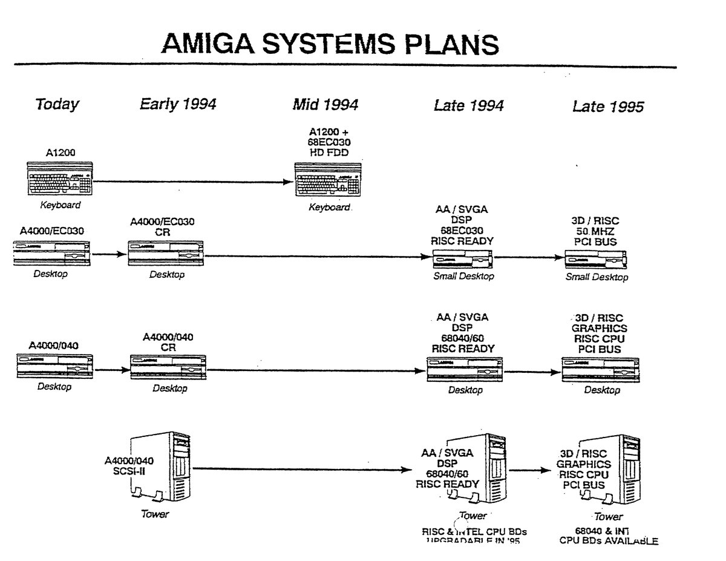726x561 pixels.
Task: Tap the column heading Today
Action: tap(57, 104)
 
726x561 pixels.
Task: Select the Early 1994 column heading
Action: tap(178, 104)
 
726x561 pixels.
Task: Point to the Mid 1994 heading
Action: tap(325, 105)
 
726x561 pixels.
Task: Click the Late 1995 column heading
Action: tap(608, 107)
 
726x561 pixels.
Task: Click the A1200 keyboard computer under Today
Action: tap(60, 178)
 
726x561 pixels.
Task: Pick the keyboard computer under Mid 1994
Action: tap(329, 179)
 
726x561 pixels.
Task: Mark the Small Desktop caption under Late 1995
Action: tap(597, 277)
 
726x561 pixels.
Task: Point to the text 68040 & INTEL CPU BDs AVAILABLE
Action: tap(608, 536)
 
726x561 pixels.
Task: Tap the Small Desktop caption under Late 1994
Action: tap(463, 276)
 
